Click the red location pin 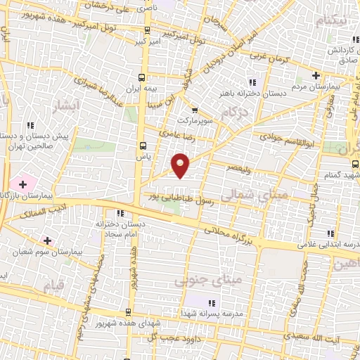point(181,165)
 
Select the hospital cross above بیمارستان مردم point(316,75)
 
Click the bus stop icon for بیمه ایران point(143,77)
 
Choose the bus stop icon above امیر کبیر point(147,30)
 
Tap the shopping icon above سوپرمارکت point(195,110)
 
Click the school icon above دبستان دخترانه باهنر point(252,82)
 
